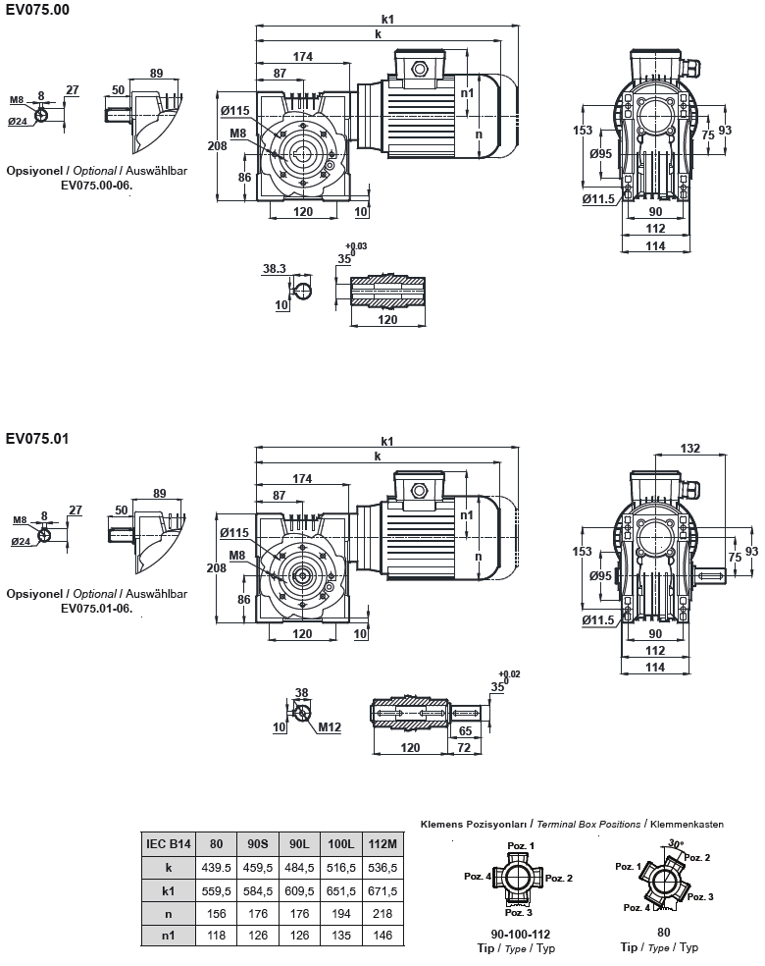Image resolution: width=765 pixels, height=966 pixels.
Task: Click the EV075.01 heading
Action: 37,438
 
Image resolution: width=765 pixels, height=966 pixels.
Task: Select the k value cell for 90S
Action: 258,868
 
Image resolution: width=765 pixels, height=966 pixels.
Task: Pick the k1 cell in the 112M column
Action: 382,890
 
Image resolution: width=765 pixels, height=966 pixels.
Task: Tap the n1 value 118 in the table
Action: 217,936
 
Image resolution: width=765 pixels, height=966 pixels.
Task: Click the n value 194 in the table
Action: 340,913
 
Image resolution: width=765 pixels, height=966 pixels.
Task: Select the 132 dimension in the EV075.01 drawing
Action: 689,448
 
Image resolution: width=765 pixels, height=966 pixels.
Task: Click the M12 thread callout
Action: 330,727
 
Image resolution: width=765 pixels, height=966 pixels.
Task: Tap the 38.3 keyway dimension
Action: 274,268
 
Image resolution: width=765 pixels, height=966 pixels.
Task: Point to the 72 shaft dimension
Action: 465,747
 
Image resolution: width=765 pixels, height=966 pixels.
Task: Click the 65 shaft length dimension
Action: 466,731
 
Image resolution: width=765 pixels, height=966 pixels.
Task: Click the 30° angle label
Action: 675,843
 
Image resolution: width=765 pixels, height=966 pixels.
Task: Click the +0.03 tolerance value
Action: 357,246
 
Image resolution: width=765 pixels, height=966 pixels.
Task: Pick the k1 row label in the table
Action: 169,890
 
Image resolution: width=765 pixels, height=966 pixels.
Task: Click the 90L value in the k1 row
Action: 299,890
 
